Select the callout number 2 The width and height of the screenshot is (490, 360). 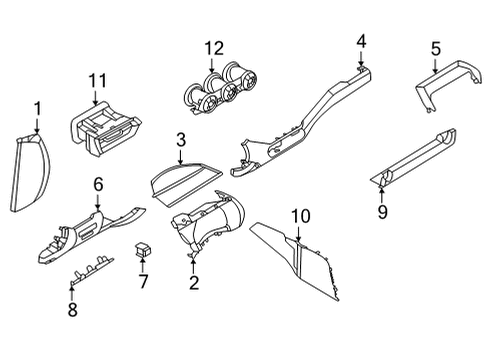(194, 283)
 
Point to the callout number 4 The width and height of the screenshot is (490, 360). (361, 41)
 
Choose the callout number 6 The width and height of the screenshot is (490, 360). (98, 183)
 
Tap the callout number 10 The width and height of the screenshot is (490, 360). (302, 215)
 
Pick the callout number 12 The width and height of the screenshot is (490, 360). (211, 48)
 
